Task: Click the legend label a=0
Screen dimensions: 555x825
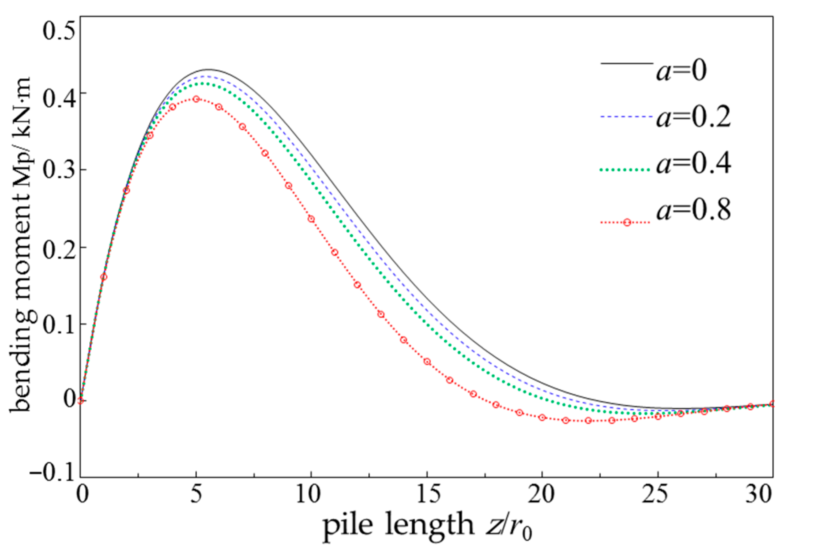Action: pos(682,71)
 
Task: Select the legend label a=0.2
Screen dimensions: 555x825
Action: pos(693,117)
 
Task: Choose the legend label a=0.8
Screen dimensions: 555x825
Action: pos(693,210)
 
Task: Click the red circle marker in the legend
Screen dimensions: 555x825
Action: pos(627,223)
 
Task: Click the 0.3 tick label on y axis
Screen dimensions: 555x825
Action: pos(58,170)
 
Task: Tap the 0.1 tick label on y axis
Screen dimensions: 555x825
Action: pos(58,324)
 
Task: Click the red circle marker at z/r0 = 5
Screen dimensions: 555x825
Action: pos(196,99)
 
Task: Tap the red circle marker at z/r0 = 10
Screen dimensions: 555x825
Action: pos(311,219)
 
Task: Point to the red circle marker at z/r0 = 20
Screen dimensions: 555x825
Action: pos(542,418)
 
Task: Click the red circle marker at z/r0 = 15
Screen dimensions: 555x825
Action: pos(427,362)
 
